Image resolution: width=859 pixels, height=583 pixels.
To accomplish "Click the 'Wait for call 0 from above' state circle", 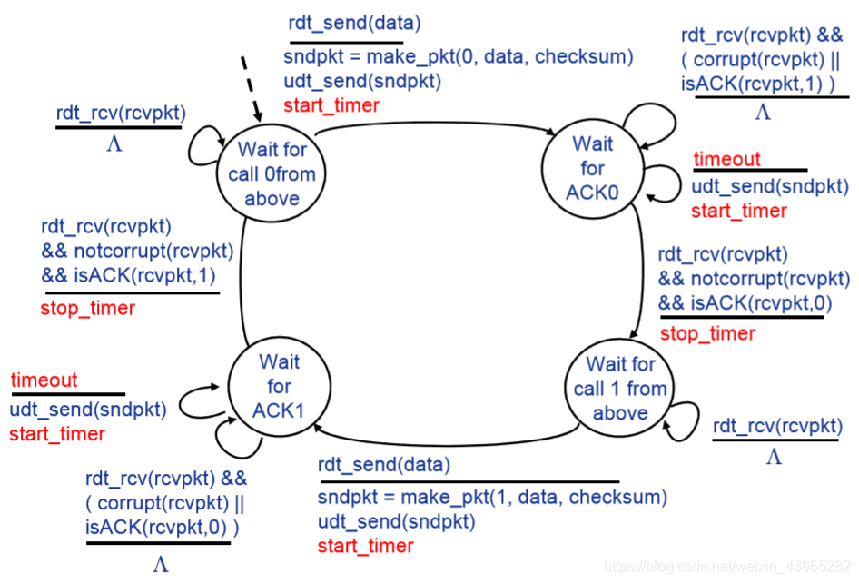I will tap(272, 173).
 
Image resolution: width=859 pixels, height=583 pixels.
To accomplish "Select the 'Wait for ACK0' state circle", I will tap(592, 168).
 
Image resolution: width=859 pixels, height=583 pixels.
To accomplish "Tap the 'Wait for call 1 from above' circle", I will tap(619, 388).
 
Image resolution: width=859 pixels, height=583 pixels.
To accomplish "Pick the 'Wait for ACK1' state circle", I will tap(279, 386).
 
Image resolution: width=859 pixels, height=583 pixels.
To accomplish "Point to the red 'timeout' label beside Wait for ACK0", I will tap(726, 160).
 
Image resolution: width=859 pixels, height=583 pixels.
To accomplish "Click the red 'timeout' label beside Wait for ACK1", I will tap(44, 380).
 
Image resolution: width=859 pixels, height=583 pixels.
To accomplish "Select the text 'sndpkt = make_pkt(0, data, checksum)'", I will tap(458, 57).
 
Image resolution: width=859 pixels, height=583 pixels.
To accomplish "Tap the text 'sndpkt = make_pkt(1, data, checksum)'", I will tap(492, 498).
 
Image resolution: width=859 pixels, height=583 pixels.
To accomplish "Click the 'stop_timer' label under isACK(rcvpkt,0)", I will tap(707, 333).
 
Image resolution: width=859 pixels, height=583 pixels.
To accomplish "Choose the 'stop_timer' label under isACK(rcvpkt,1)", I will tap(87, 308).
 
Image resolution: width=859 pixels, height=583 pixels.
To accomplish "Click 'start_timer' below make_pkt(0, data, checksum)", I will tap(331, 104).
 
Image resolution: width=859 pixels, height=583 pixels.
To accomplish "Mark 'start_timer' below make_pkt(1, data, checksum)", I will tap(365, 546).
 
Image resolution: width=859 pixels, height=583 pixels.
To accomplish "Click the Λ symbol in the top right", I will tap(763, 113).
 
